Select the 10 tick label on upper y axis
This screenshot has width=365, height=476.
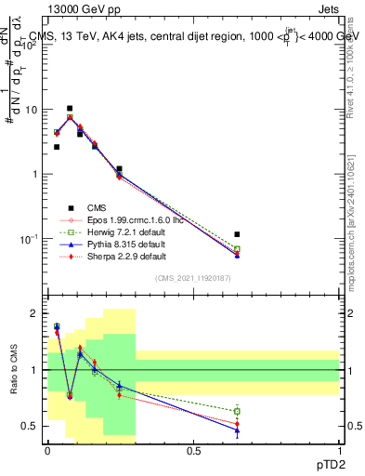click(32, 110)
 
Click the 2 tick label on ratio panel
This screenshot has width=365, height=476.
click(34, 313)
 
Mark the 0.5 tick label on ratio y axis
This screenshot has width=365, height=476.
click(30, 426)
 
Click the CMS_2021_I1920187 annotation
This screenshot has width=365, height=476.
click(192, 278)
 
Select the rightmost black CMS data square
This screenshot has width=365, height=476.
click(237, 234)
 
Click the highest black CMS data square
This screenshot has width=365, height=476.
click(70, 109)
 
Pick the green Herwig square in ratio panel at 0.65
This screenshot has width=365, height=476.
click(237, 411)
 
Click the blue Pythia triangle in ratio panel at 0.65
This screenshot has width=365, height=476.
click(237, 430)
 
